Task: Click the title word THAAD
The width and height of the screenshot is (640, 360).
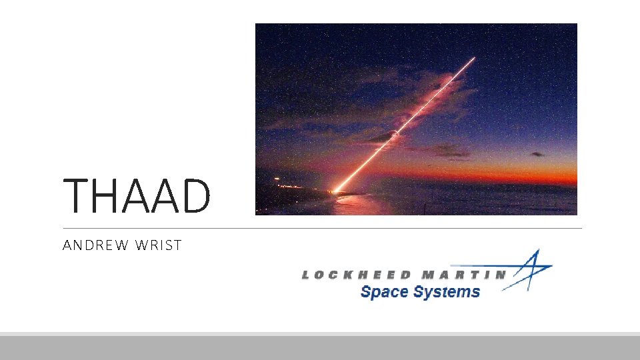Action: (137, 195)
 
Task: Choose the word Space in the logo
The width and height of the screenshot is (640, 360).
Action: (383, 292)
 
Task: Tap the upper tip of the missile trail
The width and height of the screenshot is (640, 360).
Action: (473, 59)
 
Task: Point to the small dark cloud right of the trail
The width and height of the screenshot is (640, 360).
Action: (537, 154)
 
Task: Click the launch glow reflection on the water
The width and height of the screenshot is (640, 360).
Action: (347, 203)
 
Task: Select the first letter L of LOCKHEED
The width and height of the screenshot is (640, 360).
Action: (306, 275)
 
